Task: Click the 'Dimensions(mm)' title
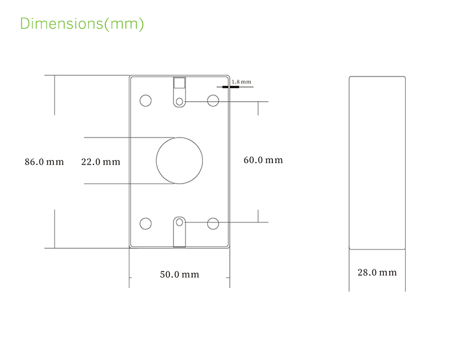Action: (82, 24)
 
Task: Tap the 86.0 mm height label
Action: (44, 161)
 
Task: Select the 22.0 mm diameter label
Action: (101, 161)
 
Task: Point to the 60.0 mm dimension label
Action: (263, 160)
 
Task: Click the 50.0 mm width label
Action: (179, 274)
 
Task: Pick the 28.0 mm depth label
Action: (377, 273)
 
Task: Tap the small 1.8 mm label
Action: (241, 81)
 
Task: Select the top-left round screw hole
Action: (145, 100)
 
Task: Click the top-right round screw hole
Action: (213, 100)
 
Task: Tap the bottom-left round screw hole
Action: (145, 224)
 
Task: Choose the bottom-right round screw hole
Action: (213, 224)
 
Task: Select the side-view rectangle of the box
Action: (377, 161)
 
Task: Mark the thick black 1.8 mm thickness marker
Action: (228, 87)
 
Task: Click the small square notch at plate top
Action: (179, 83)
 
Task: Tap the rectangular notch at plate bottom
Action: (179, 241)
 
